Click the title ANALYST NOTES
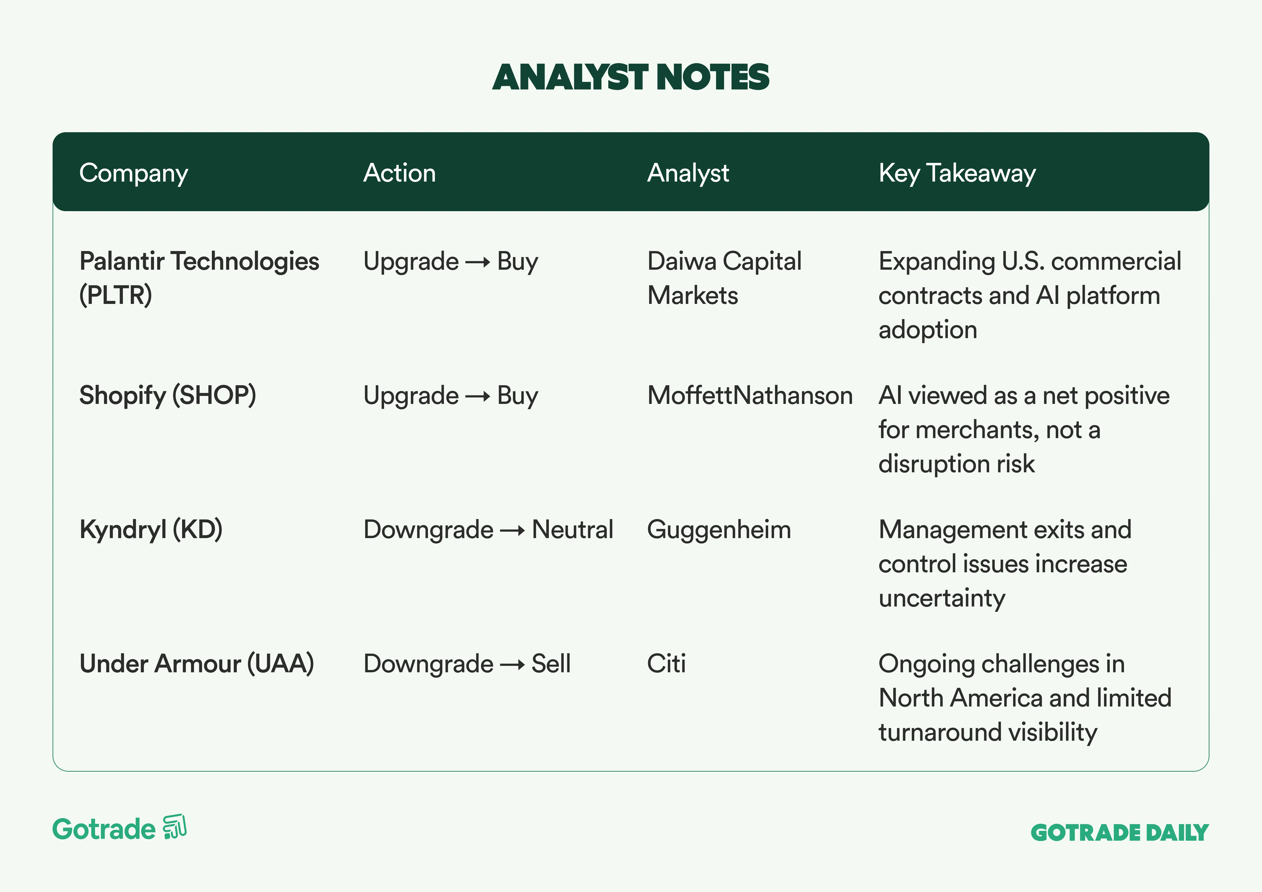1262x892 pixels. tap(630, 77)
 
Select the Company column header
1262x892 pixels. tap(134, 173)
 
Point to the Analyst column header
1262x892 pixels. tap(688, 173)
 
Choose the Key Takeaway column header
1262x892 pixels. tap(957, 173)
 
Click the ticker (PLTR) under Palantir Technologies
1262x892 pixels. tap(115, 295)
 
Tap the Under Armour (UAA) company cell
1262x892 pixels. tap(197, 664)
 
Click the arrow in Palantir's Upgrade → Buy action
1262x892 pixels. tap(478, 262)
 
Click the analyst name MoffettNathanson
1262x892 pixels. tap(750, 395)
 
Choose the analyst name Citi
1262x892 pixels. tap(666, 664)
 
